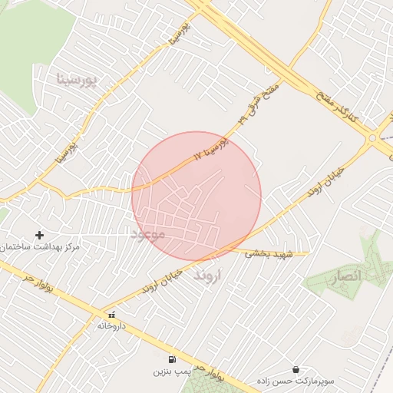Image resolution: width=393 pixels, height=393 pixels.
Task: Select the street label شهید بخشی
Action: click(x=263, y=253)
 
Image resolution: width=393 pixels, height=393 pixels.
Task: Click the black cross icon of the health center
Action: click(x=40, y=234)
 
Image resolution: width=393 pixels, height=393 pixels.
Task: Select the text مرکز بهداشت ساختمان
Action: click(x=40, y=247)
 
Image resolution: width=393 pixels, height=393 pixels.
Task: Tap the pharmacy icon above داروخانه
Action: click(x=112, y=314)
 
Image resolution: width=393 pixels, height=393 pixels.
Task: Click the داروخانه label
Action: click(x=111, y=326)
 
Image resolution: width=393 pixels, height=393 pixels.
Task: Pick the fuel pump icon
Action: click(x=170, y=358)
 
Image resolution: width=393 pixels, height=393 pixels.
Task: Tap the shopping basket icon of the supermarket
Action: click(x=296, y=369)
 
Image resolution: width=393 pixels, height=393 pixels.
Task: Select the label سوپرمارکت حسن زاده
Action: click(x=296, y=381)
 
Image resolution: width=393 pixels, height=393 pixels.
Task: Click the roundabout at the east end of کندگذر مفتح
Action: click(x=374, y=138)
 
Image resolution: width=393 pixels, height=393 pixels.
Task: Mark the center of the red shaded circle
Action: click(x=196, y=196)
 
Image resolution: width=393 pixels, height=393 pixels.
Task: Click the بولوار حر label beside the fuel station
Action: click(x=207, y=375)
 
